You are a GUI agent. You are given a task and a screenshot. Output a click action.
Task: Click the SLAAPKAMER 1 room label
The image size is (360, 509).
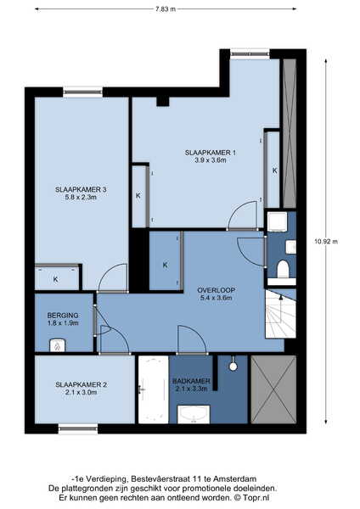pyautogui.click(x=211, y=156)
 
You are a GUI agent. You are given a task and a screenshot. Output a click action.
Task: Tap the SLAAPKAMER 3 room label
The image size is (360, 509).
pyautogui.click(x=81, y=193)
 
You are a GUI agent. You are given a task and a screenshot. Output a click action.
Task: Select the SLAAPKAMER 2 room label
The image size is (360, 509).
pyautogui.click(x=81, y=389)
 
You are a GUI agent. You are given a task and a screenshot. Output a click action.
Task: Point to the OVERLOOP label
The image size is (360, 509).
pyautogui.click(x=216, y=294)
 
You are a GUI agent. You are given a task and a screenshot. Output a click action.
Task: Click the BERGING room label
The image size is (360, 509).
pyautogui.click(x=63, y=319)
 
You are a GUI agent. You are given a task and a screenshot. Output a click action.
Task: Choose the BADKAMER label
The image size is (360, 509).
pyautogui.click(x=191, y=384)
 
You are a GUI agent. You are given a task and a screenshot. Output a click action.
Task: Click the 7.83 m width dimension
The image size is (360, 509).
pyautogui.click(x=166, y=9)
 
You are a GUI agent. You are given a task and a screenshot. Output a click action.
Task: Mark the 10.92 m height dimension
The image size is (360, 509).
pyautogui.click(x=326, y=241)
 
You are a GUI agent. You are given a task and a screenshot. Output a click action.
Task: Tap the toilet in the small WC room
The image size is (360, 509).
pyautogui.click(x=283, y=269)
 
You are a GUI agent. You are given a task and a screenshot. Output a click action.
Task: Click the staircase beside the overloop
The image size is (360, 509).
pyautogui.click(x=281, y=314)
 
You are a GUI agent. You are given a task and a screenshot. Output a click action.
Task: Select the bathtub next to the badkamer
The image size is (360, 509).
pyautogui.click(x=154, y=389)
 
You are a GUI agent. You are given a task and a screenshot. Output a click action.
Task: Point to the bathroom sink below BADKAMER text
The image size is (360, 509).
pyautogui.click(x=194, y=414)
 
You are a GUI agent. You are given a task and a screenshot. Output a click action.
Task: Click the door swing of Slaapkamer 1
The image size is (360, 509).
pyautogui.click(x=243, y=215)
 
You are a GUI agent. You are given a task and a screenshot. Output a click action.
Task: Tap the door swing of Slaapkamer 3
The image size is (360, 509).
pyautogui.click(x=112, y=278)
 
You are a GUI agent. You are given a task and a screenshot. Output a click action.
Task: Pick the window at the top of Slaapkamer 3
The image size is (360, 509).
pyautogui.click(x=83, y=92)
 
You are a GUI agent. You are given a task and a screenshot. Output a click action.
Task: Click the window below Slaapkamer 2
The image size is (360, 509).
pyautogui.click(x=78, y=429)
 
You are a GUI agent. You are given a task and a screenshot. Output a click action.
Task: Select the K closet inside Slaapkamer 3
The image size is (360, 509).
pyautogui.click(x=57, y=277)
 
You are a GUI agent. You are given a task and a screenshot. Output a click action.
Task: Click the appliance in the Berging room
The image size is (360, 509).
pyautogui.click(x=58, y=345)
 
